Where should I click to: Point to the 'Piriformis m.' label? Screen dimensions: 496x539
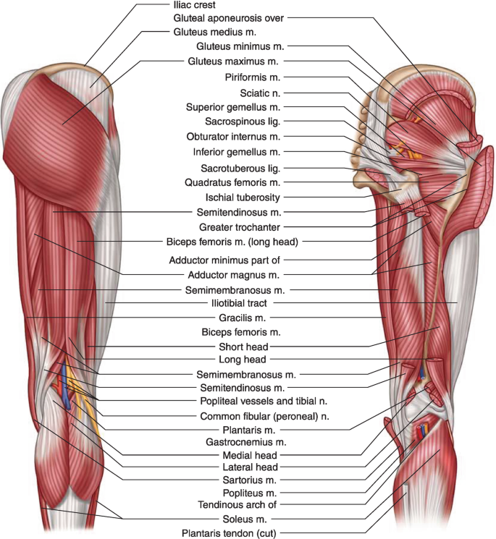(x=253, y=77)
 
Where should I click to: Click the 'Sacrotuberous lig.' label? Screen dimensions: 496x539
(x=243, y=167)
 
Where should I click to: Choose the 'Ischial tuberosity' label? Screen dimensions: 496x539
(x=242, y=197)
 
